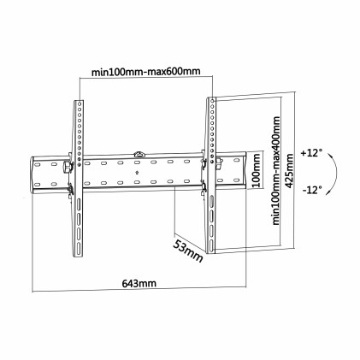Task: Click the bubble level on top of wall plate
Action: (139, 155)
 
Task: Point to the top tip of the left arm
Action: (78, 100)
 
